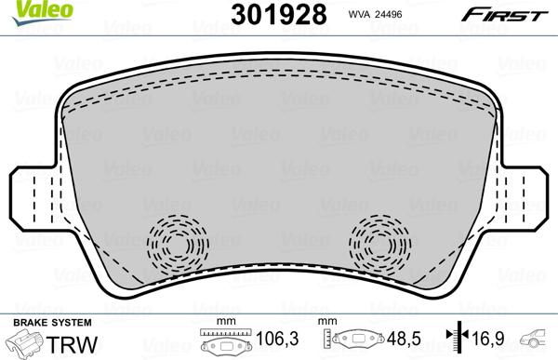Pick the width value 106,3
268,340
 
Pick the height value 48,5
402,340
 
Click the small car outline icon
537,340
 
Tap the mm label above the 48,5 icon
327,322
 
